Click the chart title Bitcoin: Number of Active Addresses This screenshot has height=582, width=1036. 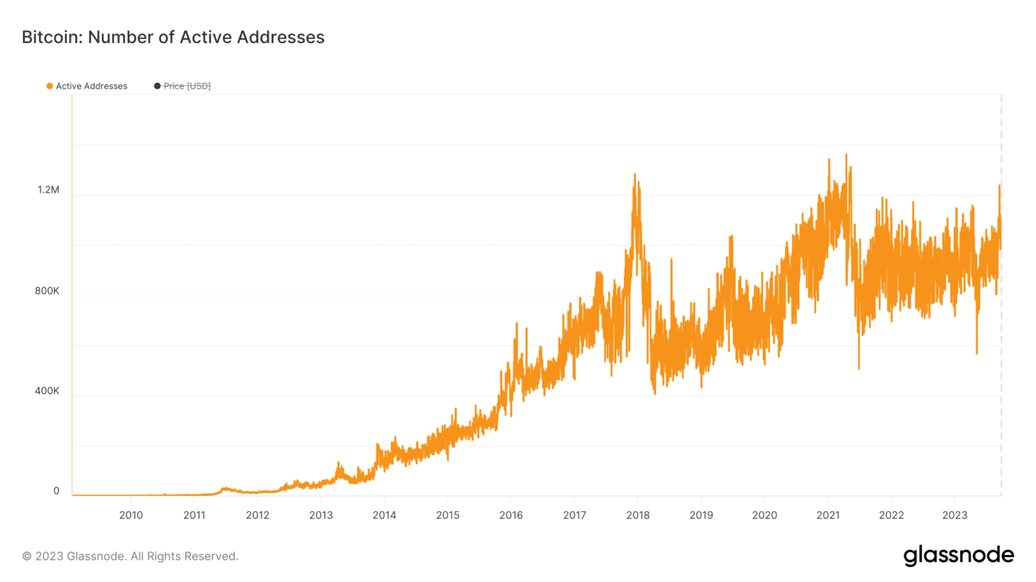(x=173, y=37)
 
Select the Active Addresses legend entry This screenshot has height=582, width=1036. (x=91, y=86)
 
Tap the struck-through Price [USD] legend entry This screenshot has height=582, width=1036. (x=187, y=86)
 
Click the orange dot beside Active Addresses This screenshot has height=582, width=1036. (x=49, y=86)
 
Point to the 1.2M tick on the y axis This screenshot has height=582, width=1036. (x=49, y=190)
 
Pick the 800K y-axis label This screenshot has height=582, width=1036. (x=47, y=291)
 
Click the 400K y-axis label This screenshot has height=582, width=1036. (x=47, y=391)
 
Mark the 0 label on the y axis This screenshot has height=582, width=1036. (x=57, y=491)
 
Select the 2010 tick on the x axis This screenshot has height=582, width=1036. (x=131, y=515)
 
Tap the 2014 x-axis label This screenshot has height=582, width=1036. (x=384, y=515)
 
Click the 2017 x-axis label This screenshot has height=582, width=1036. (x=575, y=515)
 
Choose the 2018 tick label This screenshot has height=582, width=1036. (x=638, y=515)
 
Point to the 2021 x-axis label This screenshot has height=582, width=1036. (x=828, y=515)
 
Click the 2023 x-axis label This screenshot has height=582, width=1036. (x=954, y=515)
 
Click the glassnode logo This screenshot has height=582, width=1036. (x=958, y=555)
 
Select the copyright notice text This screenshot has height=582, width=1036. (x=130, y=556)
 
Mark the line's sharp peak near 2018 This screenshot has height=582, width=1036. (x=635, y=175)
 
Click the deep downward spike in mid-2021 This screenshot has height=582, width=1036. (x=859, y=367)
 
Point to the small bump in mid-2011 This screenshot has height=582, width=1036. (x=225, y=488)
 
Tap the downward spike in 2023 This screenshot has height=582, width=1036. (x=977, y=352)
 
